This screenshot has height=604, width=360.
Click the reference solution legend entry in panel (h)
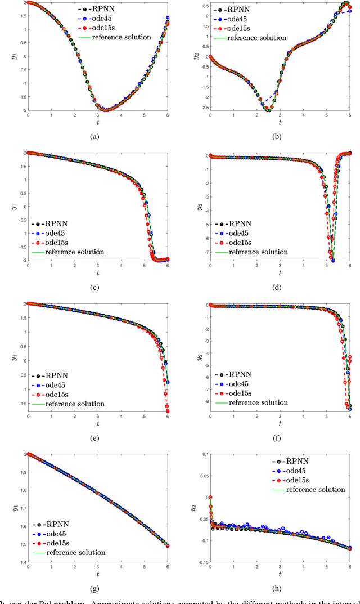(316, 489)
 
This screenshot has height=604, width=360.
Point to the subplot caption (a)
(98, 136)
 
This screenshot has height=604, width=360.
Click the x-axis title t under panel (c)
(98, 273)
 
